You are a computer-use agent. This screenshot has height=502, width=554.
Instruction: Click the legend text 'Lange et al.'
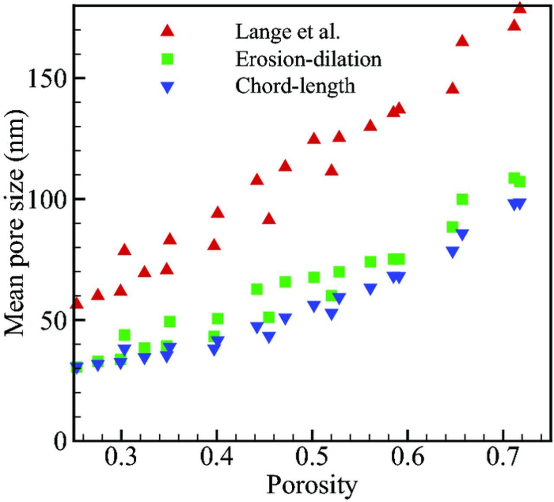click(x=287, y=31)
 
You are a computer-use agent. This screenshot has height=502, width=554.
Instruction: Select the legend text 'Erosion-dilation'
click(x=308, y=59)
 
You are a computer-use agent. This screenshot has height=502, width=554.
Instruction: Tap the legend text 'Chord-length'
click(x=295, y=86)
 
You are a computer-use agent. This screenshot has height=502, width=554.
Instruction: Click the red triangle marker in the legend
click(x=167, y=31)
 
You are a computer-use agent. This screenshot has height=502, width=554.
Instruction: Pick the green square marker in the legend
click(x=167, y=58)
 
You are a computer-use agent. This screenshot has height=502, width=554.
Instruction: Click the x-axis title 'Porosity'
click(x=312, y=485)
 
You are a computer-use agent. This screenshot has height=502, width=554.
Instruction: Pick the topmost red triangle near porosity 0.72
click(x=520, y=7)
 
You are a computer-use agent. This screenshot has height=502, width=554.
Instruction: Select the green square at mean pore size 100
click(x=462, y=199)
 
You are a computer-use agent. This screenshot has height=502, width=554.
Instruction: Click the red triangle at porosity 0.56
click(x=370, y=126)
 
